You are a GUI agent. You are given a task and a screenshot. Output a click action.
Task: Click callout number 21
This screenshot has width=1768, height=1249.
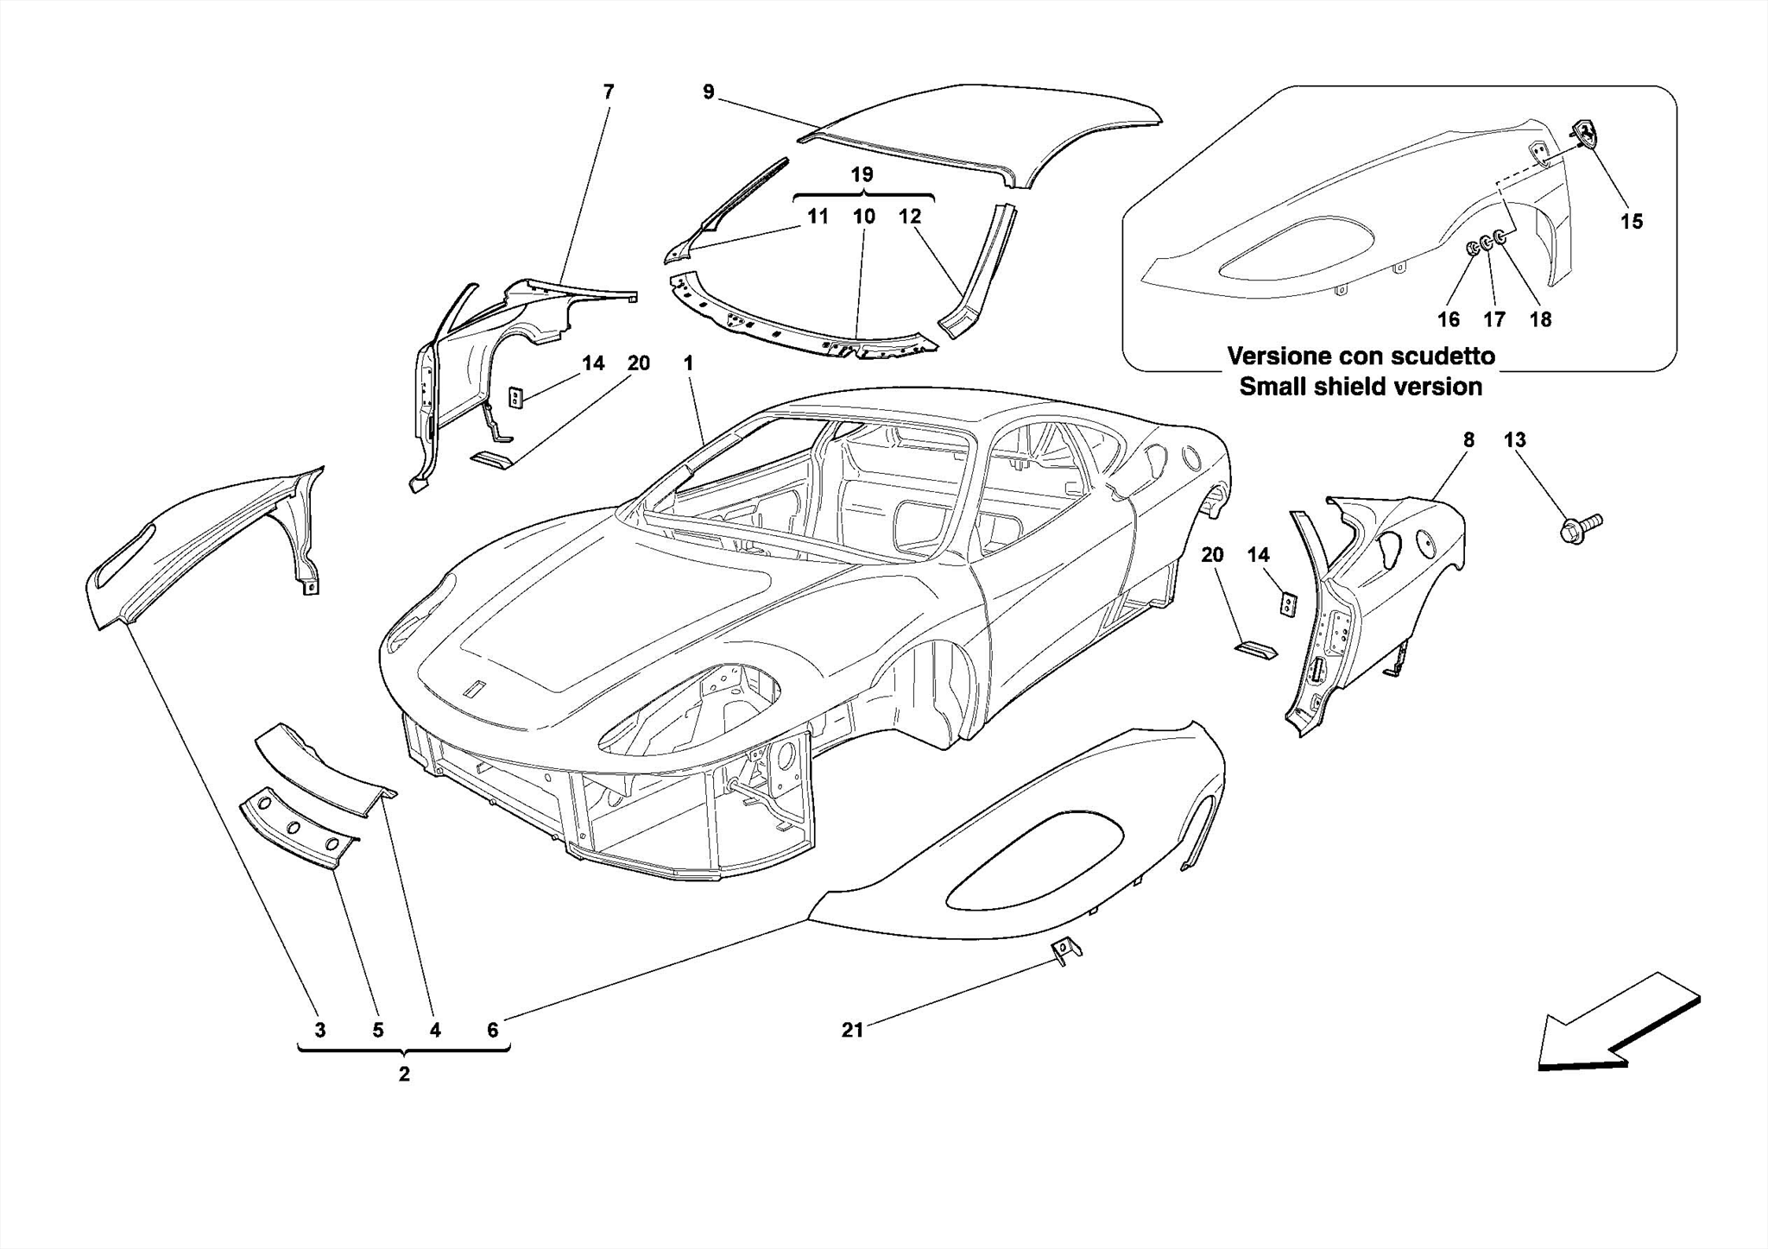852,1030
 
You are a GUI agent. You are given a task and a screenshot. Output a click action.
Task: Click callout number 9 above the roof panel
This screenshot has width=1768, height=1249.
709,91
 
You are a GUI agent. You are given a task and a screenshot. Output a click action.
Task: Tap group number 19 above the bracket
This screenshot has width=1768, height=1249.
862,174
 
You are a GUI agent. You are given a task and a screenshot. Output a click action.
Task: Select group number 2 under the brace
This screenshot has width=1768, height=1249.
403,1075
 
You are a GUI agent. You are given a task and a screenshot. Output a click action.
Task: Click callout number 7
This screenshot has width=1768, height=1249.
609,91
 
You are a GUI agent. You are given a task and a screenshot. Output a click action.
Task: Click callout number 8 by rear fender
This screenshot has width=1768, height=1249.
1468,439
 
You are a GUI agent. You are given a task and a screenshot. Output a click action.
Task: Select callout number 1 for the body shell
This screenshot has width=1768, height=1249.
688,363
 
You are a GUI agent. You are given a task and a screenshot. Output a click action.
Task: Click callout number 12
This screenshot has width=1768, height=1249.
910,216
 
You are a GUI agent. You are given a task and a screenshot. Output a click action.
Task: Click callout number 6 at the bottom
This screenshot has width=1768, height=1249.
492,1030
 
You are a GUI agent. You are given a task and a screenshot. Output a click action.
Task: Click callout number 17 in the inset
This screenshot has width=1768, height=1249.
1494,319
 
